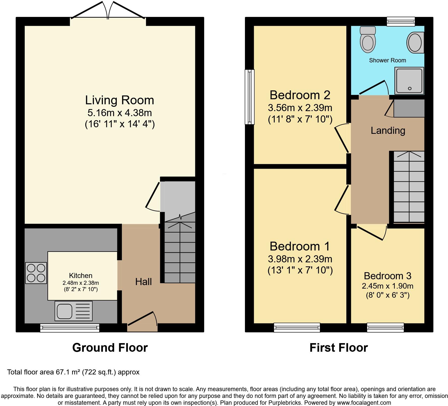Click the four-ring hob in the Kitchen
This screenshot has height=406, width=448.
tap(36, 273)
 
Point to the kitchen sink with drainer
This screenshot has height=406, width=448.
tap(73, 311)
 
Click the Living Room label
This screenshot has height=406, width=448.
tap(120, 100)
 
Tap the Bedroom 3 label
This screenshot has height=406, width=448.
tap(387, 276)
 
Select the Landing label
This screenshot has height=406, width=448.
tap(388, 131)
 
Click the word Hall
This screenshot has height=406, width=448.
tap(143, 282)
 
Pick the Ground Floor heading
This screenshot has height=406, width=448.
tap(110, 348)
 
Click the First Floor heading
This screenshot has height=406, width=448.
tap(339, 348)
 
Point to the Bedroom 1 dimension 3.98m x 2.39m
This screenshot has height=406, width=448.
tap(300, 259)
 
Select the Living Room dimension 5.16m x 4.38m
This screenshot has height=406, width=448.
tap(120, 112)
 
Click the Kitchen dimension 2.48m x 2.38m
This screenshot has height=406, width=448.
tap(81, 283)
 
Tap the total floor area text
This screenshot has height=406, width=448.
tap(73, 372)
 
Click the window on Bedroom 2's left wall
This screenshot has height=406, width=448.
tap(250, 97)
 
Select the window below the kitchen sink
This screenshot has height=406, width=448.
tap(70, 328)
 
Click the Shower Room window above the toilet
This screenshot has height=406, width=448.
tap(401, 21)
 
